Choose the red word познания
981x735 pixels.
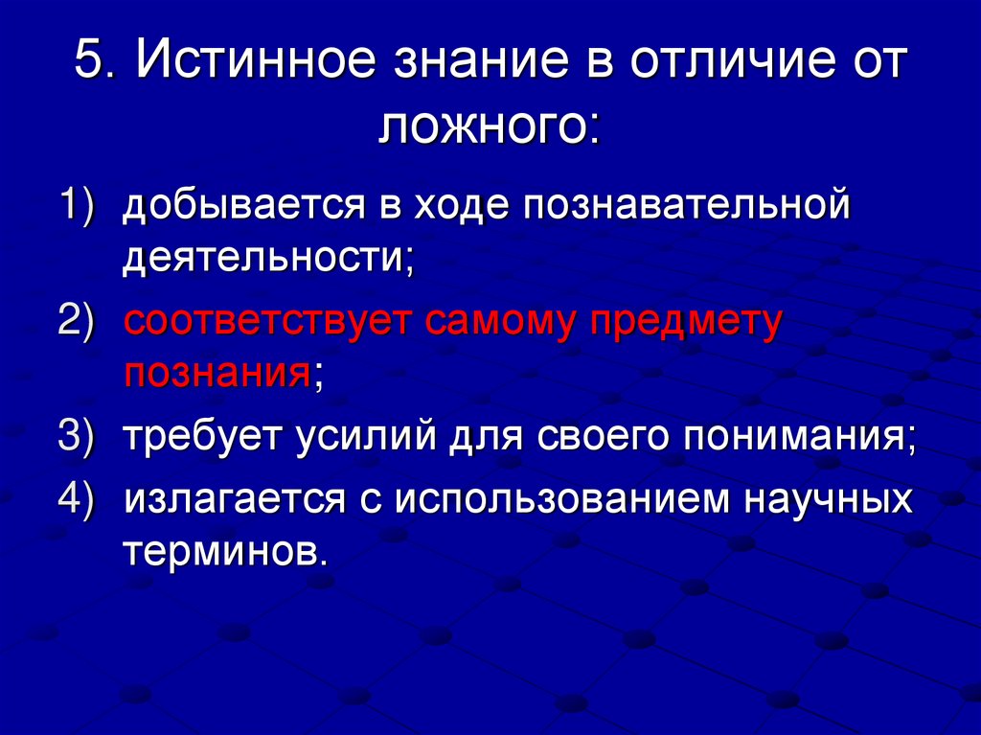[x=214, y=372]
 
